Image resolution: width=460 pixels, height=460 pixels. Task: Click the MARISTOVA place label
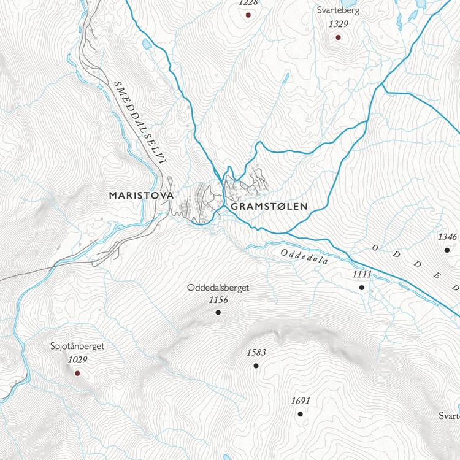(141, 195)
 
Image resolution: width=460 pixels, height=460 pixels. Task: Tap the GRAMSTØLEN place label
(269, 207)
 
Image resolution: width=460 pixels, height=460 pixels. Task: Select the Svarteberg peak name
(338, 10)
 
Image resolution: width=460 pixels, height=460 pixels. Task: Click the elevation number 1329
(338, 24)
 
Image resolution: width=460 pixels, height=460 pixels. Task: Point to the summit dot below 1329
(337, 37)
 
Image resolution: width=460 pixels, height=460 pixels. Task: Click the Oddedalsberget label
(219, 287)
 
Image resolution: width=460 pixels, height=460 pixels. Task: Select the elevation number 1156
(218, 300)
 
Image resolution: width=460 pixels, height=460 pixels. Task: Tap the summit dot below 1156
(218, 313)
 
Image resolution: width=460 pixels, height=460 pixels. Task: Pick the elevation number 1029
(77, 359)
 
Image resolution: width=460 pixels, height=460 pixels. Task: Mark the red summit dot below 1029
(77, 372)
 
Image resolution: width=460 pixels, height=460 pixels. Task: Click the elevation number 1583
(256, 353)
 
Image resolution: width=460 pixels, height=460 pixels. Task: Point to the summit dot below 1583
(256, 366)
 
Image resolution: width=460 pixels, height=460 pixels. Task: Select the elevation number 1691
(301, 401)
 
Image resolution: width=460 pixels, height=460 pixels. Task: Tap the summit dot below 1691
(300, 414)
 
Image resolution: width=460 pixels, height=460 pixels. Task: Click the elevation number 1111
(362, 274)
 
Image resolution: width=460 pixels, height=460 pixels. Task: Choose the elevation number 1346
(447, 237)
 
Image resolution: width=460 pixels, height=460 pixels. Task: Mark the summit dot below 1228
(248, 15)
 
